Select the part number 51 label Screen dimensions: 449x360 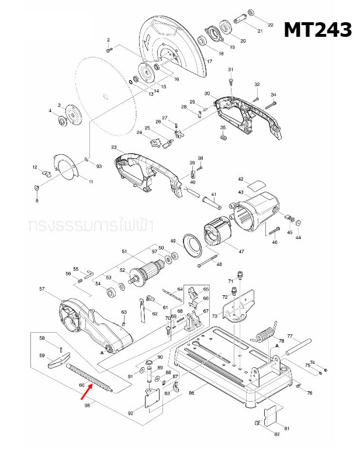124,252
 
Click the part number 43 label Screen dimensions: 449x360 240,192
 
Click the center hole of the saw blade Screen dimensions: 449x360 105,96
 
